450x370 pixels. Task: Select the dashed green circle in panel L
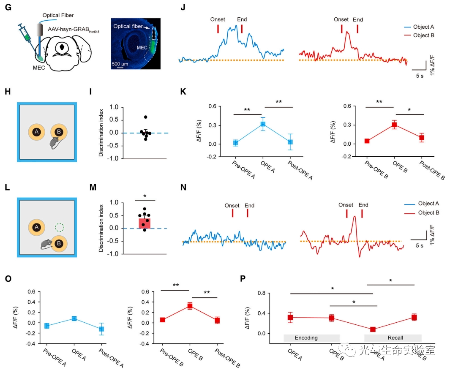(x=60, y=228)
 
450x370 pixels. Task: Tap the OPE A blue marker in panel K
(x=263, y=124)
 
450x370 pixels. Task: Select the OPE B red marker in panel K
(x=394, y=125)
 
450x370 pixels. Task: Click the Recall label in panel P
(x=395, y=338)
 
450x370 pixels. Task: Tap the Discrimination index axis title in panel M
(x=101, y=228)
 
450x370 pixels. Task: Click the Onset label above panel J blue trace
(x=218, y=19)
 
